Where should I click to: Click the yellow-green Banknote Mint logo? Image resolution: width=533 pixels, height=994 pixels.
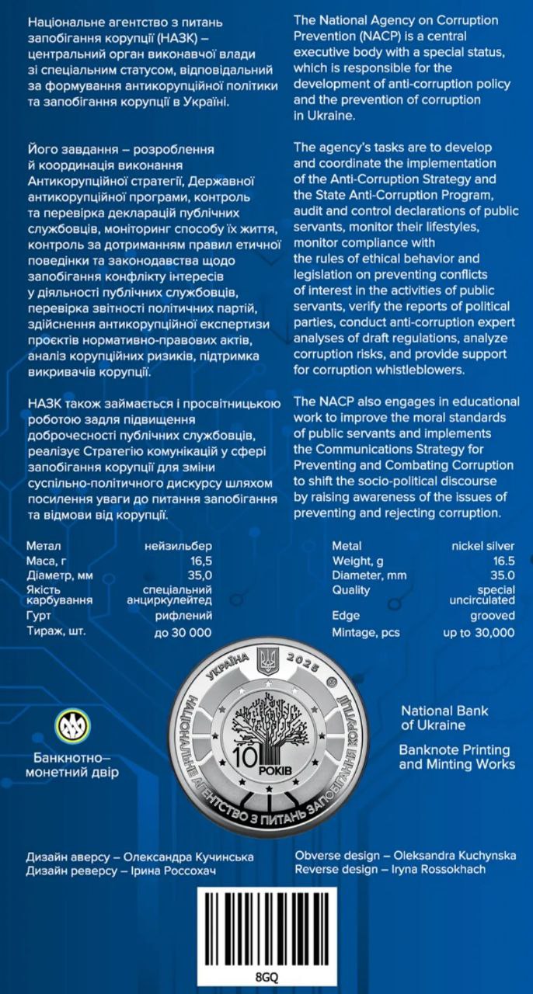tap(71, 725)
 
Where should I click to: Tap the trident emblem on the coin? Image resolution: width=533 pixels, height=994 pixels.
tap(266, 661)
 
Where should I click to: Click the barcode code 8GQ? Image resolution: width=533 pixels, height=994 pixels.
tap(266, 976)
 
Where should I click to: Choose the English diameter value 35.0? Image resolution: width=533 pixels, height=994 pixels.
tap(501, 575)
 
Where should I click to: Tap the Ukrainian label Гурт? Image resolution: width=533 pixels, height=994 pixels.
tap(38, 616)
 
